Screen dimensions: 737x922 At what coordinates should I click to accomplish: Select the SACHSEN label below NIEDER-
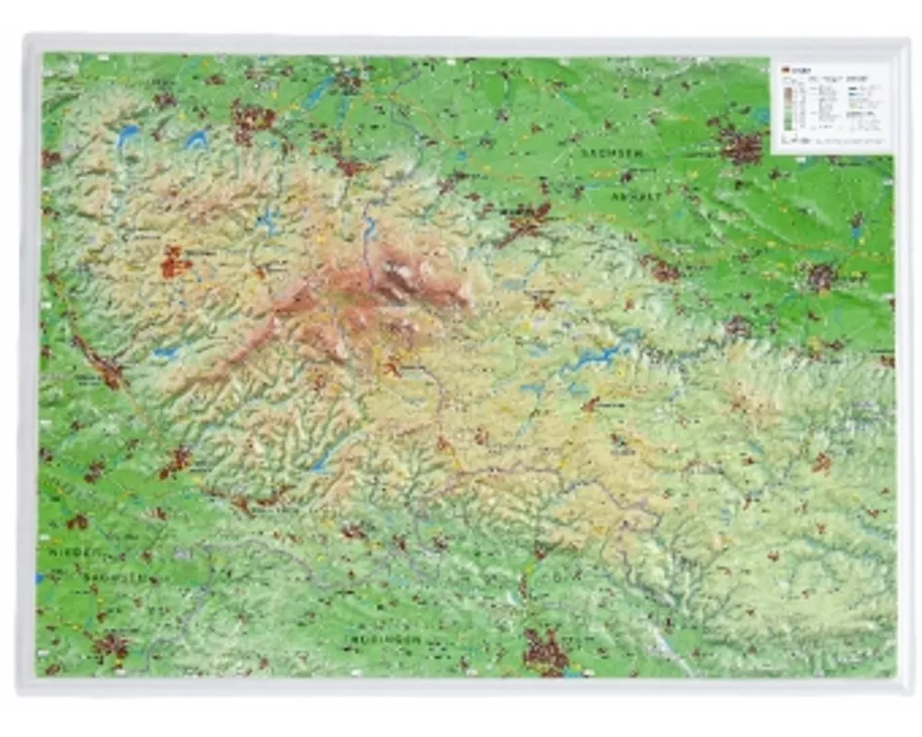[108, 577]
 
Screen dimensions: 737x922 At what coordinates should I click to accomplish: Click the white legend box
[832, 104]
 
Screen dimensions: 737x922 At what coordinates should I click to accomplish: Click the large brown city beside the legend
[740, 145]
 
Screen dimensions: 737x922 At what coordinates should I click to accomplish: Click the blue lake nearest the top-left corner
[129, 135]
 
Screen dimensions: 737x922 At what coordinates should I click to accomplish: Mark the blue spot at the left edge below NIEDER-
[40, 579]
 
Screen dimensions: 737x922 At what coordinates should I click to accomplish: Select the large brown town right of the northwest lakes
[252, 119]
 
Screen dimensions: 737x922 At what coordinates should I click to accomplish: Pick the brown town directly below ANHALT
[660, 269]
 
